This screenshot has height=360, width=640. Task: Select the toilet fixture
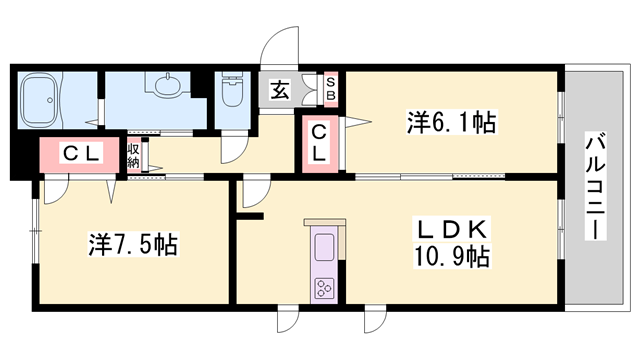pyautogui.click(x=232, y=95)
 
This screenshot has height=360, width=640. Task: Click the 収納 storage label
pyautogui.click(x=133, y=155)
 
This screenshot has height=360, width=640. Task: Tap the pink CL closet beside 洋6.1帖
pyautogui.click(x=317, y=143)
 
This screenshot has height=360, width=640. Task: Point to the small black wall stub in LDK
pyautogui.click(x=250, y=214)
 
